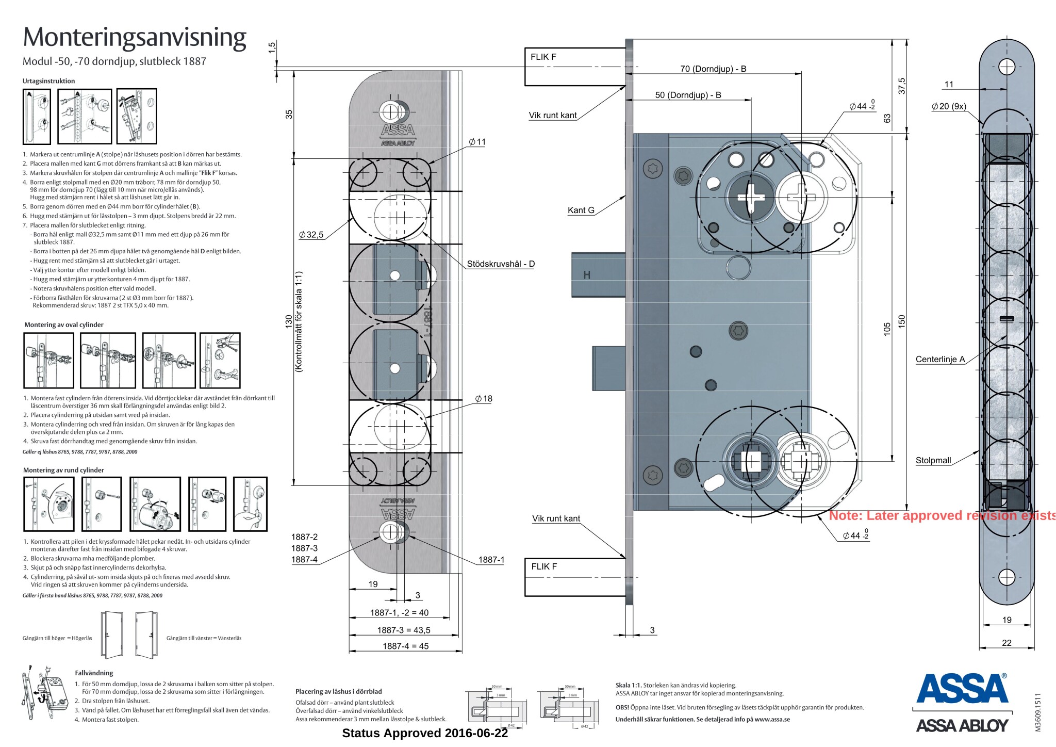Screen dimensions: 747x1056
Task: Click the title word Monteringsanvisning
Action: (x=135, y=37)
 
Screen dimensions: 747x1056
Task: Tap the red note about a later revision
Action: (x=942, y=515)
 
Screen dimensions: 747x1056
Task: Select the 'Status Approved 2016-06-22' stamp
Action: (x=425, y=733)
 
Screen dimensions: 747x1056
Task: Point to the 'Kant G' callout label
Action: (x=581, y=210)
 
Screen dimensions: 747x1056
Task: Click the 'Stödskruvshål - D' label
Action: (x=501, y=264)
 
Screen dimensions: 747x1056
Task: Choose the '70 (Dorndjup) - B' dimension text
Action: (x=713, y=69)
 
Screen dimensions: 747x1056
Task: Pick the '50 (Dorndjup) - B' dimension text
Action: (x=688, y=95)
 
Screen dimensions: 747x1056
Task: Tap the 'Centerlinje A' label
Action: (x=940, y=359)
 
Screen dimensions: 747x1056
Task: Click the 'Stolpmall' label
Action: (x=933, y=460)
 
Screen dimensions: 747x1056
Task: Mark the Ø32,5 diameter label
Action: (x=311, y=235)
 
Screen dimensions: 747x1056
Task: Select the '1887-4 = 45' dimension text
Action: (x=405, y=646)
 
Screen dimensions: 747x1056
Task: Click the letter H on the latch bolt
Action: (x=587, y=275)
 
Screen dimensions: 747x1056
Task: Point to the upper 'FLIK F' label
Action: (x=543, y=57)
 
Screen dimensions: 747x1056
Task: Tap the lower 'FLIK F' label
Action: (x=544, y=566)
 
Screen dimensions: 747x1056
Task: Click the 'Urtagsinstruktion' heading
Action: (x=48, y=81)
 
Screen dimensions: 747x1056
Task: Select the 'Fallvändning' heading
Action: (x=94, y=673)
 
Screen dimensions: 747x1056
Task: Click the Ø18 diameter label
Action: (x=484, y=399)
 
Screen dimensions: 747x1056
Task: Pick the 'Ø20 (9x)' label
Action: (x=949, y=106)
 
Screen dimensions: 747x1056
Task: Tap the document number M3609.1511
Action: (x=1038, y=712)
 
